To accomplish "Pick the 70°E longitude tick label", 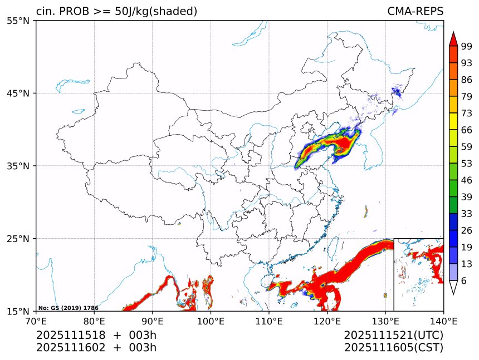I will [x=36, y=321].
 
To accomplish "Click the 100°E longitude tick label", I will [x=211, y=321].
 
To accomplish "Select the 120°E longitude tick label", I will [x=327, y=321].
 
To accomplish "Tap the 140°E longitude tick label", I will [x=443, y=321].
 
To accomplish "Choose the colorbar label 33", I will [x=467, y=214].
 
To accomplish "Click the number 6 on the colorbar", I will [x=464, y=281].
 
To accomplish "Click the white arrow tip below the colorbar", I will [x=453, y=288].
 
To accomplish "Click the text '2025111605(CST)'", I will [x=393, y=348].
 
